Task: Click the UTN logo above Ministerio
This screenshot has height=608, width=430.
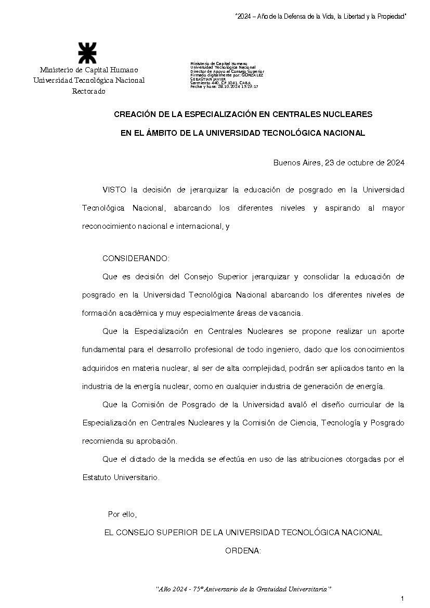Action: tap(88, 54)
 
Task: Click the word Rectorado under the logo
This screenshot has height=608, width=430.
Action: tap(88, 92)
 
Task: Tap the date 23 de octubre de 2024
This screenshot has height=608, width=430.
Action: tap(364, 162)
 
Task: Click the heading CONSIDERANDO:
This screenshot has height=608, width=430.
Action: tap(136, 258)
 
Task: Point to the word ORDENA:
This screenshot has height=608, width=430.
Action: tap(243, 551)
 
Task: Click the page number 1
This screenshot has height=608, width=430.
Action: tap(402, 599)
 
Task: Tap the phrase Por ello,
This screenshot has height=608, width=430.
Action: tap(122, 514)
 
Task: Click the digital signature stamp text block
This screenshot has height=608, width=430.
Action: tap(227, 75)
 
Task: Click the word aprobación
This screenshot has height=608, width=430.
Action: tap(155, 441)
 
